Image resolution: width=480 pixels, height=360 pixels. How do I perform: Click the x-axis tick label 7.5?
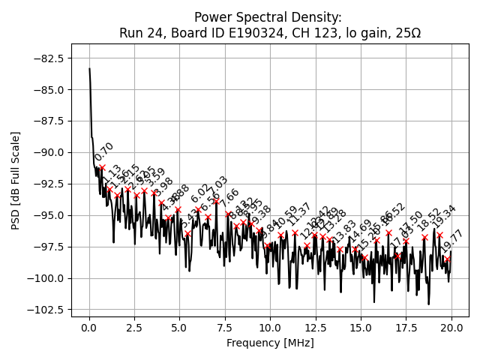point(225,328)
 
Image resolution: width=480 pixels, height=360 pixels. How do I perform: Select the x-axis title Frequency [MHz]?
point(270,343)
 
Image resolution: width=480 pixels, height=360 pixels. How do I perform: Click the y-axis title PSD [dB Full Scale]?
point(16,180)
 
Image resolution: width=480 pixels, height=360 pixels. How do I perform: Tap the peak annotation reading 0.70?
point(104,151)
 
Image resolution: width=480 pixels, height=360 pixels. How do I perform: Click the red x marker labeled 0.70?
point(102,167)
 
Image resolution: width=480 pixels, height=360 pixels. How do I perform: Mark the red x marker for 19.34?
point(439,235)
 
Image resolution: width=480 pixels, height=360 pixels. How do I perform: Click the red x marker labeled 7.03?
point(217,201)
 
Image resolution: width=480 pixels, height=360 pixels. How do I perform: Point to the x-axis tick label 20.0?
point(451,328)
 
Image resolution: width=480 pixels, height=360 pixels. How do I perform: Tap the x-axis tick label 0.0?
point(89,328)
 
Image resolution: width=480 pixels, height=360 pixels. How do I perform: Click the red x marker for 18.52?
point(424,237)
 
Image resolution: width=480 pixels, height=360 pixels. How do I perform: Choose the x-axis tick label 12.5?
point(316,328)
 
